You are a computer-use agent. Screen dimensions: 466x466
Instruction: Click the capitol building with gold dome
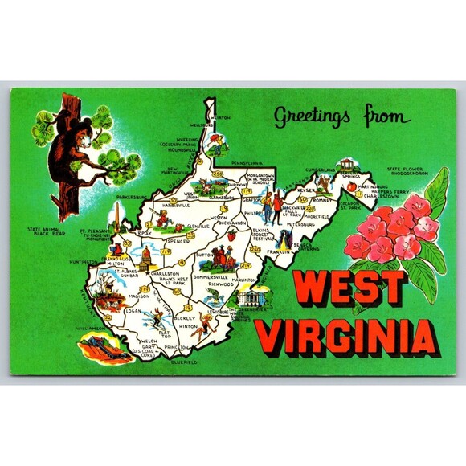pos(147,258)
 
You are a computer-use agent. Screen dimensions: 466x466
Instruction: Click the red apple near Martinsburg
pos(350,186)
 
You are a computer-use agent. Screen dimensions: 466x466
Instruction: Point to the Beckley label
pos(183,318)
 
